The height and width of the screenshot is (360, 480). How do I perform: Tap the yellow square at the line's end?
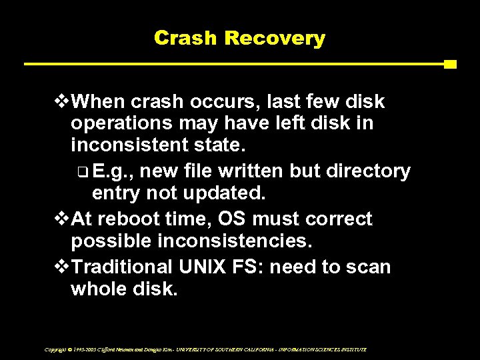449,65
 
